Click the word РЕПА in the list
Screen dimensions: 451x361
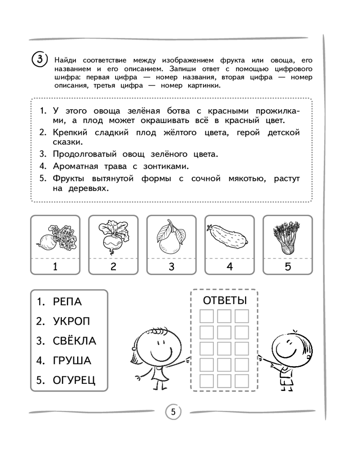[67, 302]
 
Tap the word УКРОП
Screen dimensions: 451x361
[71, 322]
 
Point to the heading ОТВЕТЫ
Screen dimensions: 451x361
[224, 301]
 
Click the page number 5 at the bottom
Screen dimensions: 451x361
[173, 411]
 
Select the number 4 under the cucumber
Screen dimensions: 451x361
[229, 266]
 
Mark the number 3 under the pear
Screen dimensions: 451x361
[171, 266]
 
